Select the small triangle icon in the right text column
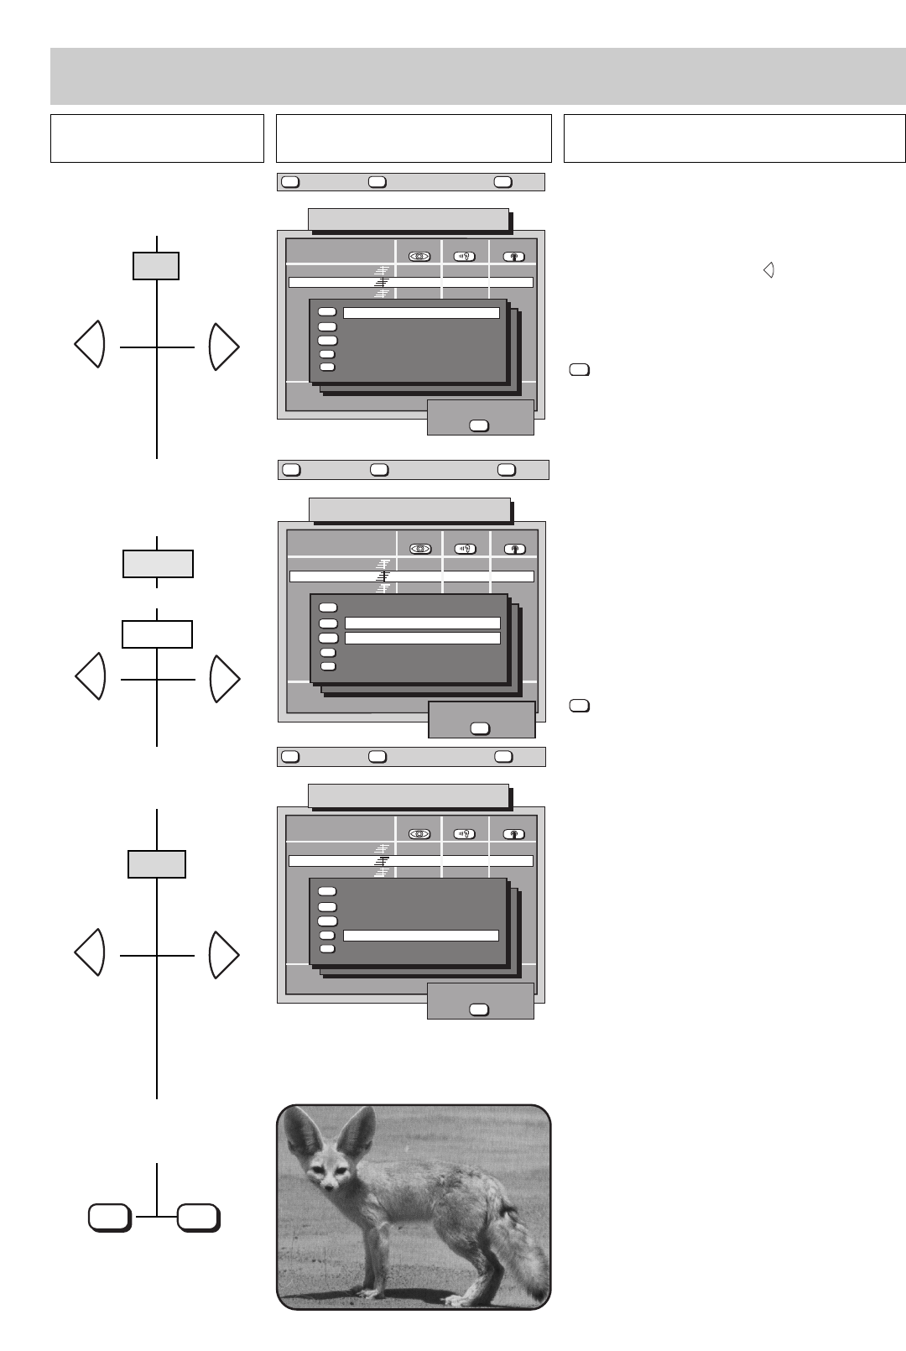click(x=768, y=270)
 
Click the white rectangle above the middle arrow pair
click(x=157, y=634)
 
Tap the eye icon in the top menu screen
click(x=419, y=257)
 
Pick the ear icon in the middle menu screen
click(x=465, y=549)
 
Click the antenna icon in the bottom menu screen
click(x=513, y=834)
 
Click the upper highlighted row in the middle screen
click(x=423, y=623)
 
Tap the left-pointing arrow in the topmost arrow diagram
click(x=90, y=344)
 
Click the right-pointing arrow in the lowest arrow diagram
click(x=224, y=954)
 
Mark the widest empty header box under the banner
click(x=734, y=138)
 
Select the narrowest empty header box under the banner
click(x=157, y=138)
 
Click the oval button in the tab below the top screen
click(x=478, y=425)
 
